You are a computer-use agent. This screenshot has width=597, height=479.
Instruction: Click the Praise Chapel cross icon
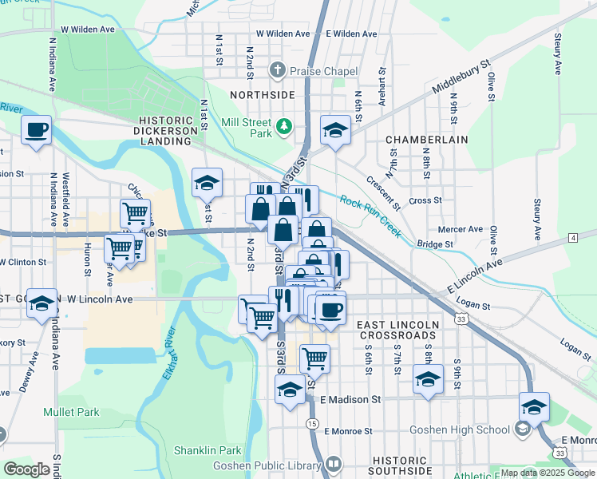pyautogui.click(x=277, y=71)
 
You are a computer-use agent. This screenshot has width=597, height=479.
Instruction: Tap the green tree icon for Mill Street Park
pyautogui.click(x=283, y=126)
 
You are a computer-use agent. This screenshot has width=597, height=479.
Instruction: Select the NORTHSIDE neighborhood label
pyautogui.click(x=263, y=94)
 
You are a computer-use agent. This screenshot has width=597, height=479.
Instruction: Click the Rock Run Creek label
pyautogui.click(x=370, y=216)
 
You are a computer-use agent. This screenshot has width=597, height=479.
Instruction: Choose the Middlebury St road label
pyautogui.click(x=461, y=77)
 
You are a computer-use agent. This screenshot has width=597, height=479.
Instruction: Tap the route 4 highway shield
pyautogui.click(x=573, y=238)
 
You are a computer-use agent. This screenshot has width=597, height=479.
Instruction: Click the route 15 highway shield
pyautogui.click(x=311, y=423)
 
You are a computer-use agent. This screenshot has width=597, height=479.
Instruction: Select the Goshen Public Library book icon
pyautogui.click(x=333, y=464)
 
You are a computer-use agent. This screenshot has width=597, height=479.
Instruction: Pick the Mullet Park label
pyautogui.click(x=70, y=413)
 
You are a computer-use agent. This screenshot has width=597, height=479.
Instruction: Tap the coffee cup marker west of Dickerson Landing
pyautogui.click(x=37, y=129)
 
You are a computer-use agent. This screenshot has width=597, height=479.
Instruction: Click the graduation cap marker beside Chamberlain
pyautogui.click(x=336, y=130)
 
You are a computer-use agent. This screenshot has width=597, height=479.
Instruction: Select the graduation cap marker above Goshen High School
pyautogui.click(x=534, y=406)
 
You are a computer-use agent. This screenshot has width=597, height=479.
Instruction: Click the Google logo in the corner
pyautogui.click(x=26, y=469)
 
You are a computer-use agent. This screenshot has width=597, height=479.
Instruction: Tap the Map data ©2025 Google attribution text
pyautogui.click(x=547, y=473)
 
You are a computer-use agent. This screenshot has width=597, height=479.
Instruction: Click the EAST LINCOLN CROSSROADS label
pyautogui.click(x=397, y=331)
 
